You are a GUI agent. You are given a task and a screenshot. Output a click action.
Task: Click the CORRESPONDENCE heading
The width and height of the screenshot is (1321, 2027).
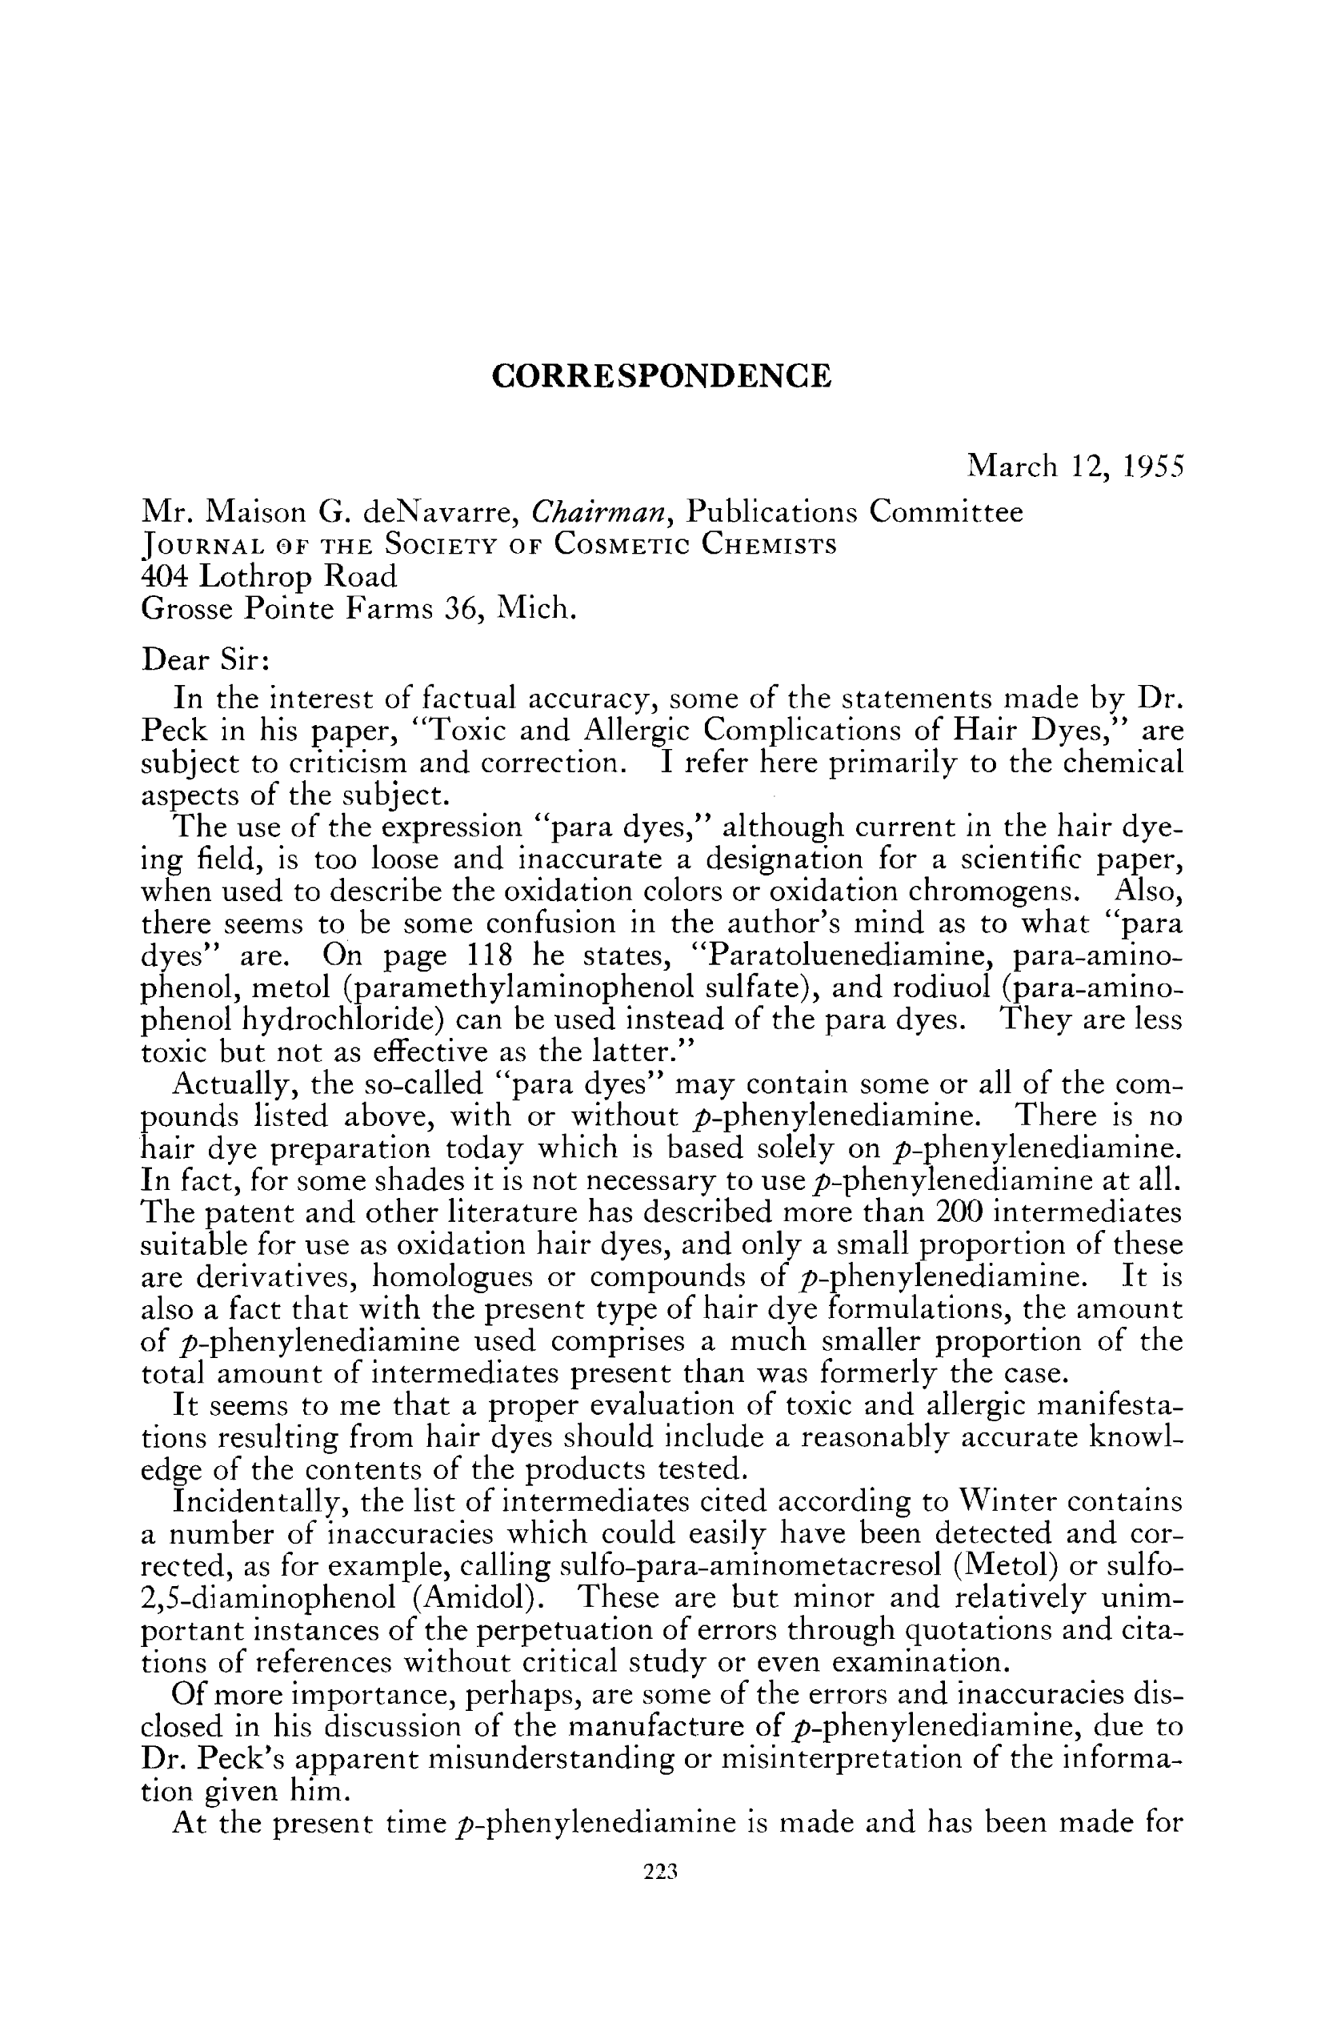(661, 375)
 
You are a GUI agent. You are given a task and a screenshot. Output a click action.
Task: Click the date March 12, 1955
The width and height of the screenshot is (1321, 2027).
(1075, 466)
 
